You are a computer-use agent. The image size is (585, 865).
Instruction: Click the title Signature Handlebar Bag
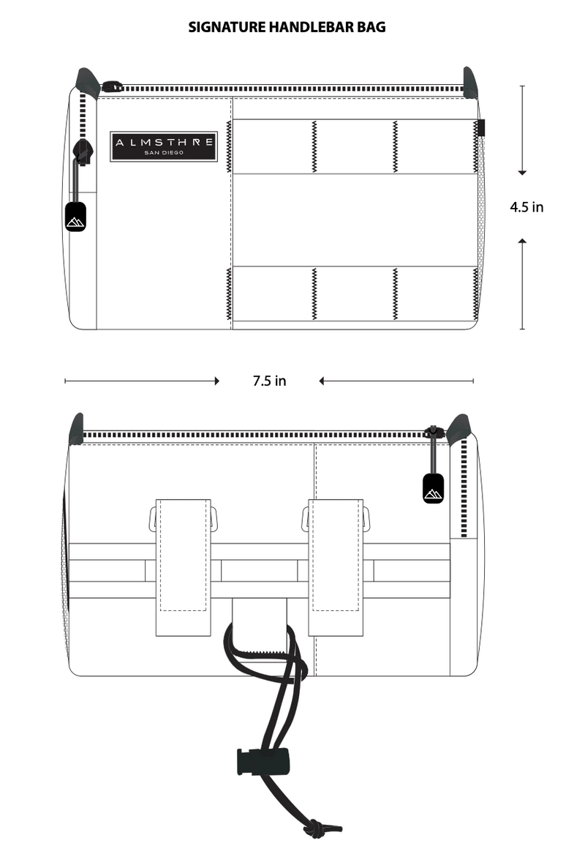pos(287,27)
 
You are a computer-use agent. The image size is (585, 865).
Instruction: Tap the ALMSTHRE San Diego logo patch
pos(164,146)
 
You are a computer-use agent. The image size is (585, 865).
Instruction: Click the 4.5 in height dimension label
pos(526,207)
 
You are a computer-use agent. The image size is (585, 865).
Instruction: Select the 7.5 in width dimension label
pos(270,381)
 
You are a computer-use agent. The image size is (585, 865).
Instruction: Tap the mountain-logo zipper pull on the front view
pos(75,217)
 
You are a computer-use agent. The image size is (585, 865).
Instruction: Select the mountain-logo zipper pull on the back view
pos(434,488)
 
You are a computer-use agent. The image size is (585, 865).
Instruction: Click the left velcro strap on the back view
pos(183,568)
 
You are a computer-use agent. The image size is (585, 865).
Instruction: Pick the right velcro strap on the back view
pos(335,568)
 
